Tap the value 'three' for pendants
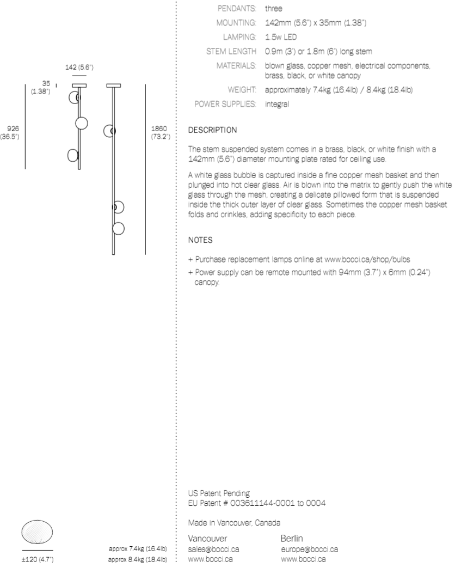(273, 9)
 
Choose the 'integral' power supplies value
(277, 103)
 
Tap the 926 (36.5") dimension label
(10, 132)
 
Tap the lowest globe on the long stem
(118, 229)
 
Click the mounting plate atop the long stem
(114, 85)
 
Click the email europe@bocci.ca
(309, 549)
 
